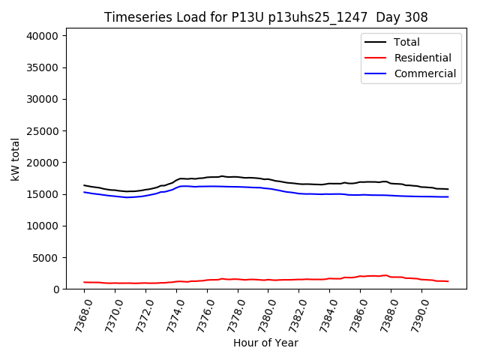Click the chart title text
point(265,17)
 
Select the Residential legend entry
point(422,58)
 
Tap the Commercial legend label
point(424,73)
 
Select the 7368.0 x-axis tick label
point(79,315)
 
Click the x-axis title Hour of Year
point(265,343)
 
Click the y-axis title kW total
point(15,160)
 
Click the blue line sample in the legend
point(375,73)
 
